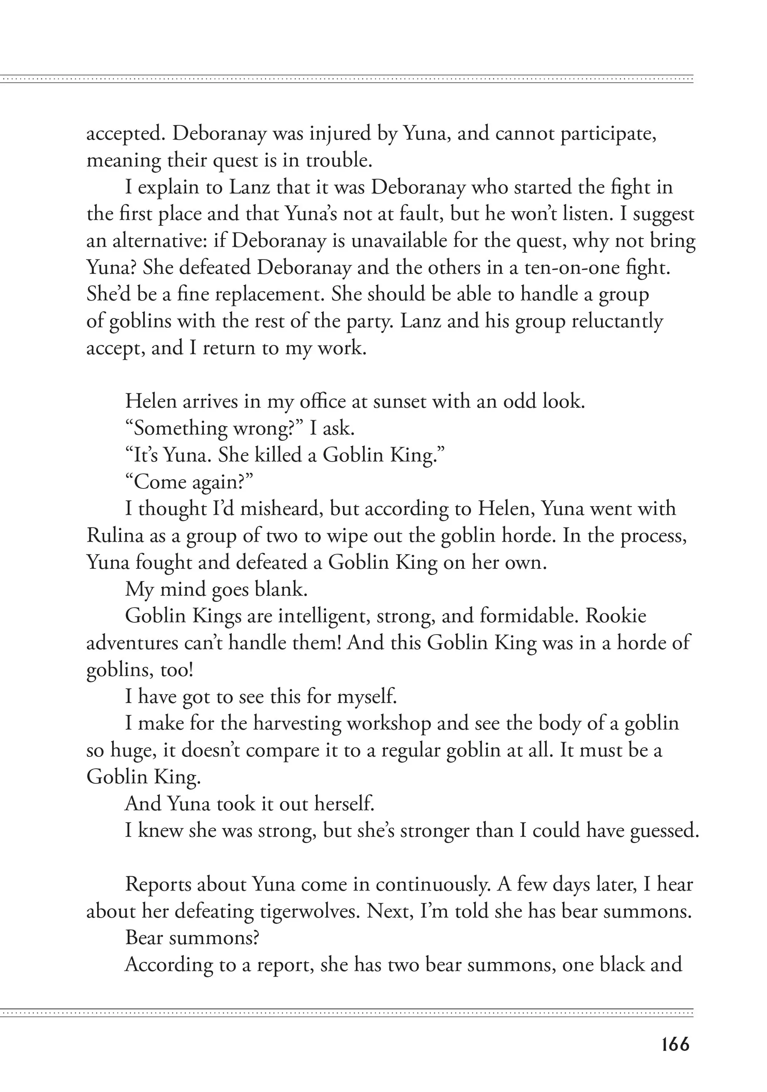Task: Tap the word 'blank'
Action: [x=281, y=589]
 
